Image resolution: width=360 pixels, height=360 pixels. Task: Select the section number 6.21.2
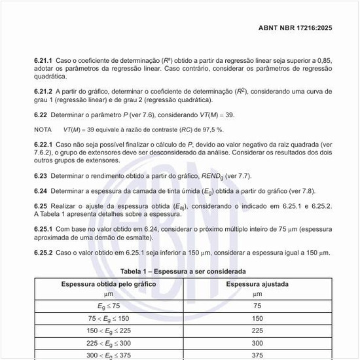(44, 92)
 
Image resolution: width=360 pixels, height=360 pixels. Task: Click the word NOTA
(43, 130)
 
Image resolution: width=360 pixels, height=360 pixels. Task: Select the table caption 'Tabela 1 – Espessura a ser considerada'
(183, 271)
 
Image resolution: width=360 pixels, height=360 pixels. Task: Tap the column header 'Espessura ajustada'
(257, 285)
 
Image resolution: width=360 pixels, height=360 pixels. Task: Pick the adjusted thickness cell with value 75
(257, 306)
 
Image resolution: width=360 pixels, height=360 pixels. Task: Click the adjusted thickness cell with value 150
(257, 318)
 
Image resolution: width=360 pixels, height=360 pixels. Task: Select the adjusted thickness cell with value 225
(257, 331)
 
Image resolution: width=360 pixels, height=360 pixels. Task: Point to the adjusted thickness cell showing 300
(257, 343)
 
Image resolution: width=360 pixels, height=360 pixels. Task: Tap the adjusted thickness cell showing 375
(257, 355)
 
